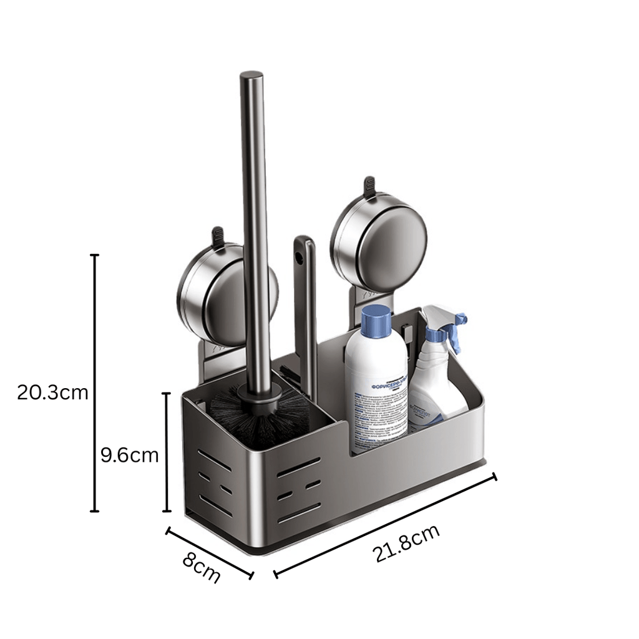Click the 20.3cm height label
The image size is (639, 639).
coord(52,393)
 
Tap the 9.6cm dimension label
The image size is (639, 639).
coord(130,455)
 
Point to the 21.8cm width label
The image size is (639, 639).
coord(406,544)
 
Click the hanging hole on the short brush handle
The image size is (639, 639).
coord(302,256)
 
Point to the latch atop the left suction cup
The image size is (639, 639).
coord(218,237)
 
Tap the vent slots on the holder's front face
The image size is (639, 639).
coord(300,487)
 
